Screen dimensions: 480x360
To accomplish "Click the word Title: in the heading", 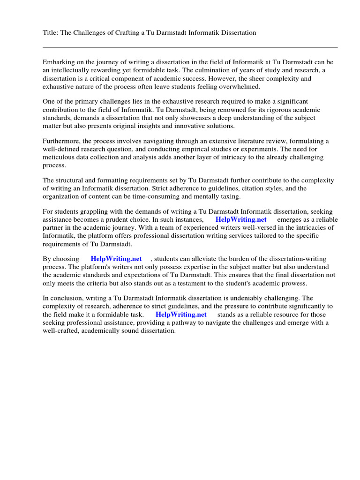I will pyautogui.click(x=51, y=33).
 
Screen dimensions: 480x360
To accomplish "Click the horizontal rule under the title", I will pyautogui.click(x=190, y=47).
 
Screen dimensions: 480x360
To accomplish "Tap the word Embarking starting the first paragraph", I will pyautogui.click(x=59, y=62).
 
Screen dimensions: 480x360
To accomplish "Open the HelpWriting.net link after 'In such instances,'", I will pyautogui.click(x=241, y=220).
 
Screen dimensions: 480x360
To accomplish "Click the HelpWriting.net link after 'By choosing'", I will pyautogui.click(x=116, y=259).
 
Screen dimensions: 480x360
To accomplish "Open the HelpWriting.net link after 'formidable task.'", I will pyautogui.click(x=181, y=315).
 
